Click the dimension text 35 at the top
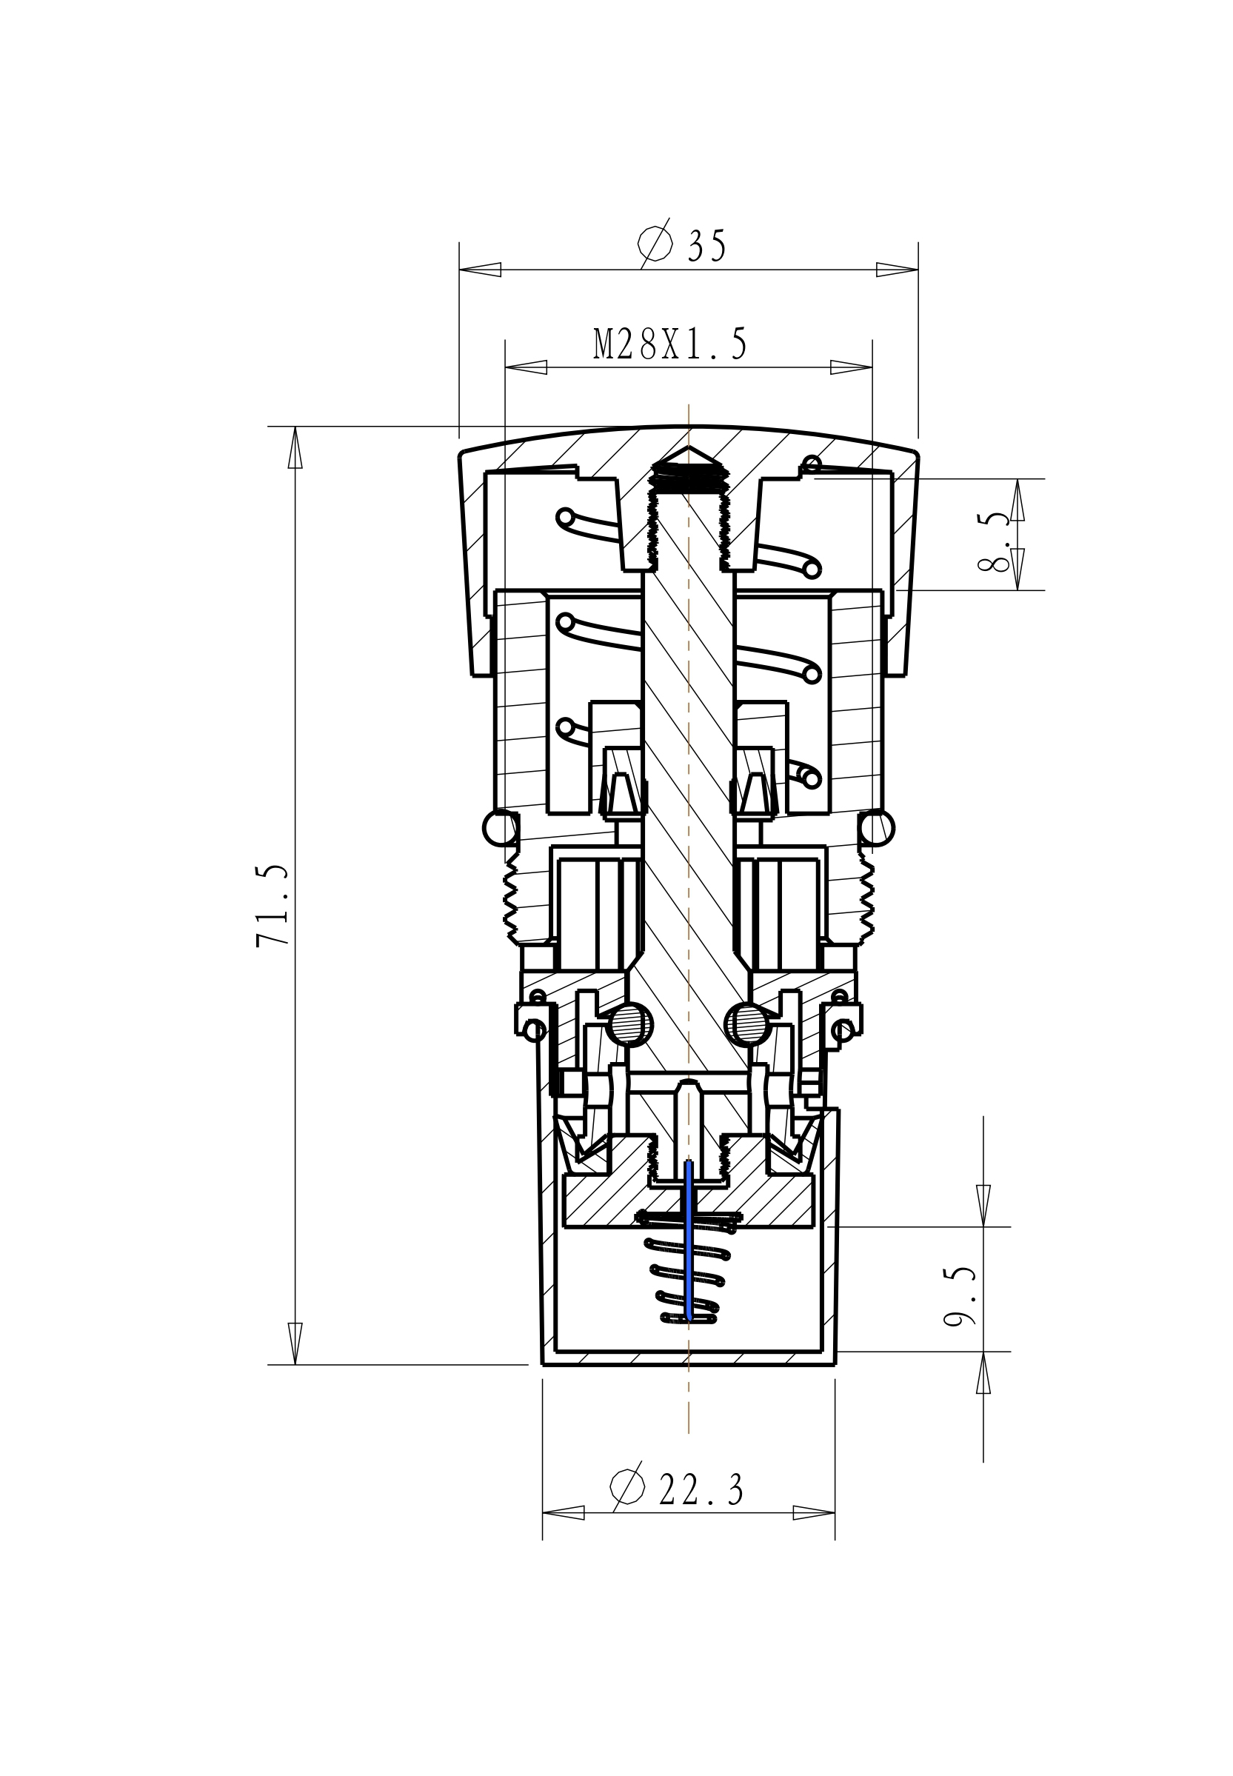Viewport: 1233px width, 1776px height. coord(707,247)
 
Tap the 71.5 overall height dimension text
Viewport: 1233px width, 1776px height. coord(273,905)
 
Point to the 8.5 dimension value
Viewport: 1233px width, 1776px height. coord(994,541)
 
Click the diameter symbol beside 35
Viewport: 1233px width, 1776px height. coord(655,244)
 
